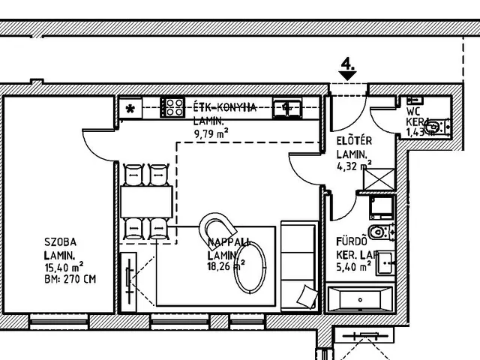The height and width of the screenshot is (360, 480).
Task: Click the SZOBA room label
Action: pyautogui.click(x=59, y=243)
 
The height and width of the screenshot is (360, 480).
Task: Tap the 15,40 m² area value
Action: pyautogui.click(x=64, y=267)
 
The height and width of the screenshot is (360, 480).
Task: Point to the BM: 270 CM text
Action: pyautogui.click(x=70, y=279)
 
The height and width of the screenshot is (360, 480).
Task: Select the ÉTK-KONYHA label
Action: pyautogui.click(x=225, y=107)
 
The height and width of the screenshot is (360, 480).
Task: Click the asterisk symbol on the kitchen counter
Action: pyautogui.click(x=130, y=109)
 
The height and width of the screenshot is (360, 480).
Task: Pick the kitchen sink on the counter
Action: pyautogui.click(x=286, y=107)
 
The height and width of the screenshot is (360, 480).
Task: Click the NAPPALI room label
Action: pyautogui.click(x=229, y=242)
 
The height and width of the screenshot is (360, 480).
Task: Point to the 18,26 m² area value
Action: pyautogui.click(x=224, y=266)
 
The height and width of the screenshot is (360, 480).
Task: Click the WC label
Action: pyautogui.click(x=413, y=100)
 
